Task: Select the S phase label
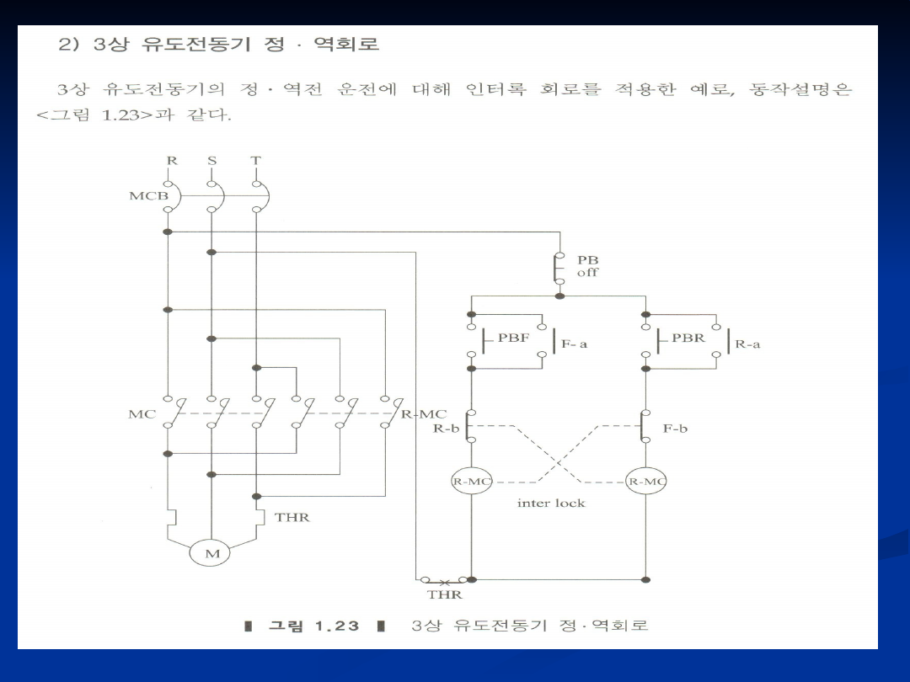pyautogui.click(x=211, y=160)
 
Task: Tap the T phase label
pyautogui.click(x=255, y=160)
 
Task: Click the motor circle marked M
pyautogui.click(x=211, y=553)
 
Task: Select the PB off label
pyautogui.click(x=587, y=267)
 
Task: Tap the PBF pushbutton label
pyautogui.click(x=514, y=338)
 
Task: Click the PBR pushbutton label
pyautogui.click(x=688, y=338)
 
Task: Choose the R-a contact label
pyautogui.click(x=747, y=344)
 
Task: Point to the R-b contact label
pyautogui.click(x=447, y=429)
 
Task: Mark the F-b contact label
pyautogui.click(x=675, y=429)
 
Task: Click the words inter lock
pyautogui.click(x=551, y=503)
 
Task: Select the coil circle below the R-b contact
pyautogui.click(x=471, y=482)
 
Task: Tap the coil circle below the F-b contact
pyautogui.click(x=646, y=482)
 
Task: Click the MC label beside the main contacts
pyautogui.click(x=136, y=413)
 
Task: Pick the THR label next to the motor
pyautogui.click(x=292, y=517)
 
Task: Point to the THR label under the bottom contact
pyautogui.click(x=444, y=594)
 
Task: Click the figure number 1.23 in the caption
pyautogui.click(x=336, y=626)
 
